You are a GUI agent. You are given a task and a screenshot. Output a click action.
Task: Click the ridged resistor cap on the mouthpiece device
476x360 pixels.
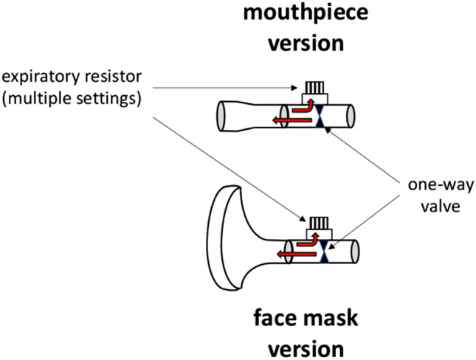(x=316, y=90)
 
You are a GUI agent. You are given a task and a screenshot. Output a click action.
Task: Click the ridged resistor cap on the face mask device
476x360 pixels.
(x=318, y=222)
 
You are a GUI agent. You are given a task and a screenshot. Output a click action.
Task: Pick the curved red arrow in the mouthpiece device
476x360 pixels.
(x=302, y=108)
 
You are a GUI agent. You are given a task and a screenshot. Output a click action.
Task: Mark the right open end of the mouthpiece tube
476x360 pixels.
(x=354, y=117)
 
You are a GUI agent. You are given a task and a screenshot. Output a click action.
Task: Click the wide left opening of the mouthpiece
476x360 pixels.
(x=219, y=118)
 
